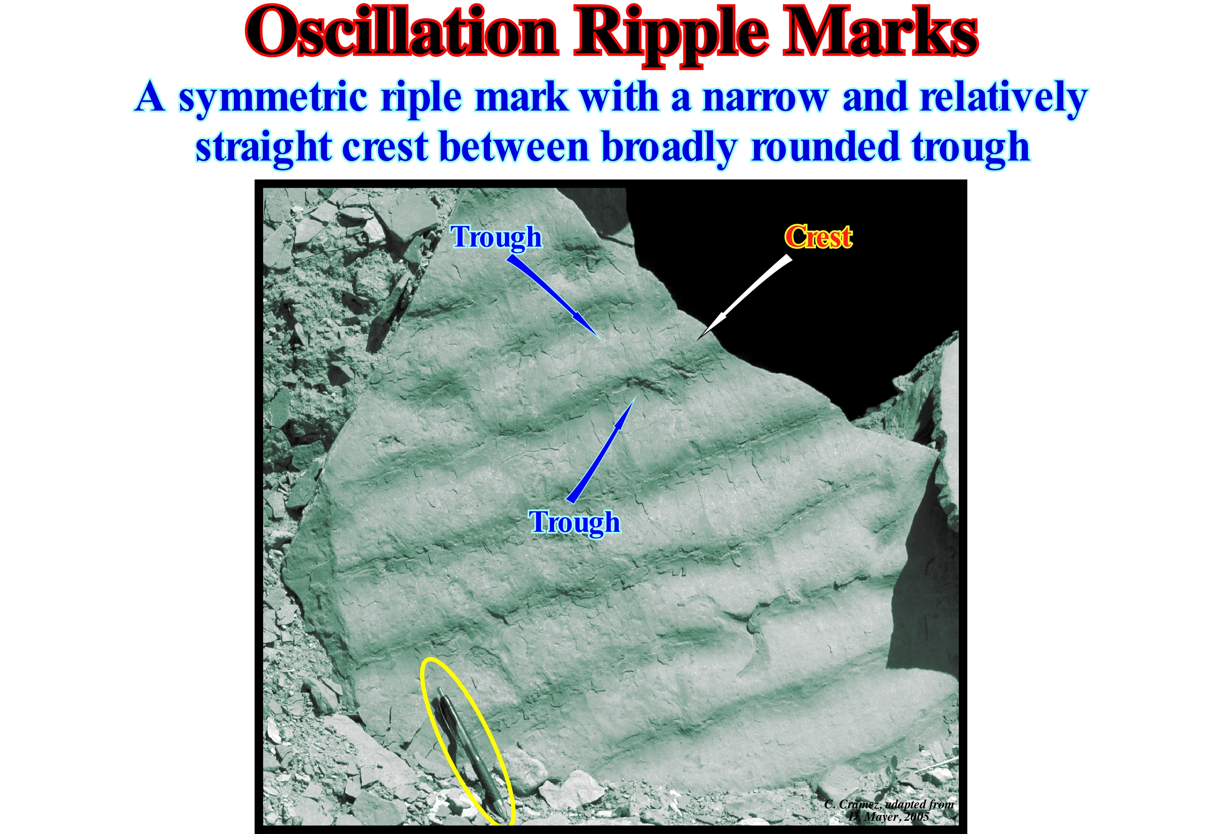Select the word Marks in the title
[x=880, y=31]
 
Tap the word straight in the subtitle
[x=263, y=148]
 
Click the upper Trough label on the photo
[x=496, y=238]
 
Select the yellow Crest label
[x=818, y=236]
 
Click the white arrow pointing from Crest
[x=744, y=297]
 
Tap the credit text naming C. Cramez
[x=888, y=804]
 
